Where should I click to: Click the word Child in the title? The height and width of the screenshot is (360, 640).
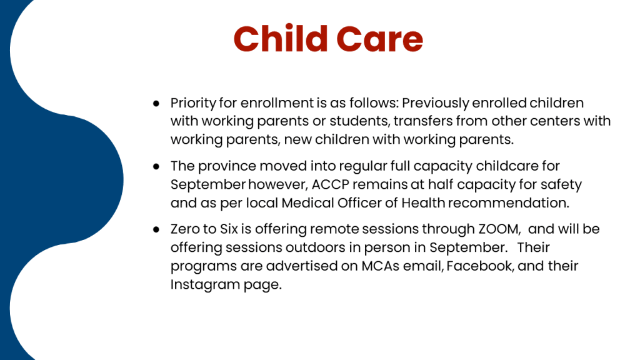pos(281,39)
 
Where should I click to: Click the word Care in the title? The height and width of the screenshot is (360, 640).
pos(379,39)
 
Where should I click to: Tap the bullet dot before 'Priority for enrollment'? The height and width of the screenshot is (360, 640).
pos(156,104)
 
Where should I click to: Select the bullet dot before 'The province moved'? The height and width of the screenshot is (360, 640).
pos(156,166)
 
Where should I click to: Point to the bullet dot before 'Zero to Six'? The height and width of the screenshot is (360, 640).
pos(156,230)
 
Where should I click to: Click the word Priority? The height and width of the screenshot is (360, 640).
pos(193,103)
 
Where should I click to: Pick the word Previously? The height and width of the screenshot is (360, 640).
pos(435,103)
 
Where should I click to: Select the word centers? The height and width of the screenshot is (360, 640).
pos(552,121)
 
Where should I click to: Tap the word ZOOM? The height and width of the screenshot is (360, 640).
pos(499,229)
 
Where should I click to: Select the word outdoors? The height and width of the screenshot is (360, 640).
pos(322,247)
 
